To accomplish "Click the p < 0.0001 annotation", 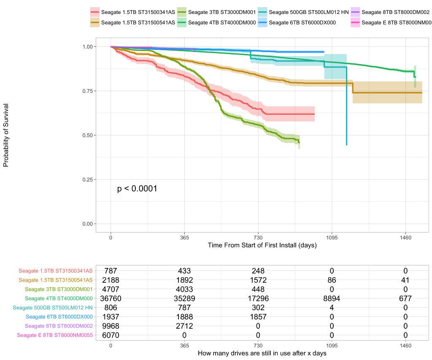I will point(137,189).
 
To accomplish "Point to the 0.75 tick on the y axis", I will point(89,91).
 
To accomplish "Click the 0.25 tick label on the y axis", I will point(89,179).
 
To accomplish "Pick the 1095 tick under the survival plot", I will point(332,238).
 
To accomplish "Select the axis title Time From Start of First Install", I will point(262,245).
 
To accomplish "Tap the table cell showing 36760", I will point(111,298).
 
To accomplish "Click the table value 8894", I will point(332,298).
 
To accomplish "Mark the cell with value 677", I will point(405,298).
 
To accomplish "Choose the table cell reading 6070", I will point(111,335).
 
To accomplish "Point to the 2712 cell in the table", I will point(184,325).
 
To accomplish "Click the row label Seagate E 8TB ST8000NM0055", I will point(54,335).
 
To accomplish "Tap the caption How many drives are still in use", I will point(262,353).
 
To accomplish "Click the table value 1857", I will point(258,317).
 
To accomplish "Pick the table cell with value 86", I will point(332,280).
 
